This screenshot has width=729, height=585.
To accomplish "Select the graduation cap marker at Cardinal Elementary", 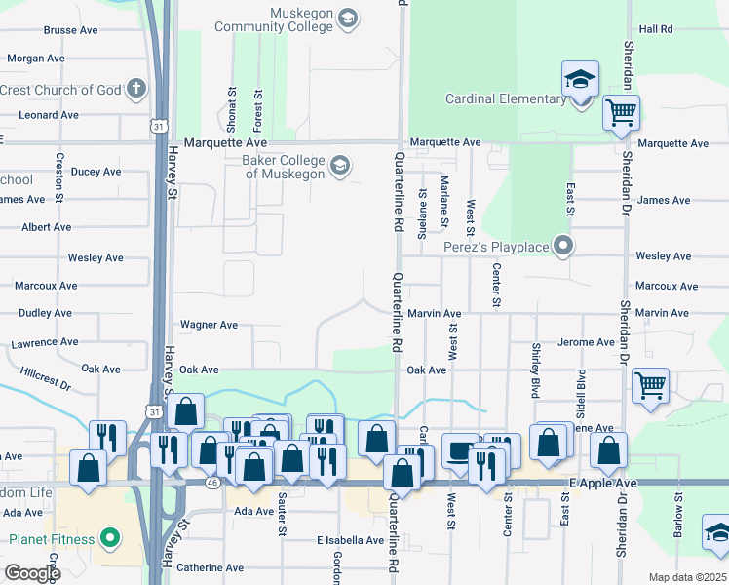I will [x=580, y=81].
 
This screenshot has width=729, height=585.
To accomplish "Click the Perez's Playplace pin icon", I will [x=562, y=246].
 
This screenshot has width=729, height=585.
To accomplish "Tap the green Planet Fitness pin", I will [x=111, y=537].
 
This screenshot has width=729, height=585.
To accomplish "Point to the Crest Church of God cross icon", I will [x=136, y=90].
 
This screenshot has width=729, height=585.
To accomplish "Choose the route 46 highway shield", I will [x=212, y=483].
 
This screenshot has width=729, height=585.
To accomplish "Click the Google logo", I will [x=31, y=573].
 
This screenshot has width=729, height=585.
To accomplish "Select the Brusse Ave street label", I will [x=71, y=30].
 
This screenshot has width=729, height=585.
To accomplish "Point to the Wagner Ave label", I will [x=209, y=325].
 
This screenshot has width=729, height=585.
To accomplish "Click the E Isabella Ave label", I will [x=350, y=540].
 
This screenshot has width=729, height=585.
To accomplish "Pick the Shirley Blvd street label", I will [x=535, y=370].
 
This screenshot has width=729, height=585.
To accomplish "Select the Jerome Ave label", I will [x=586, y=342].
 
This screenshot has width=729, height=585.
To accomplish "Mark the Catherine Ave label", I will [x=210, y=566].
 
